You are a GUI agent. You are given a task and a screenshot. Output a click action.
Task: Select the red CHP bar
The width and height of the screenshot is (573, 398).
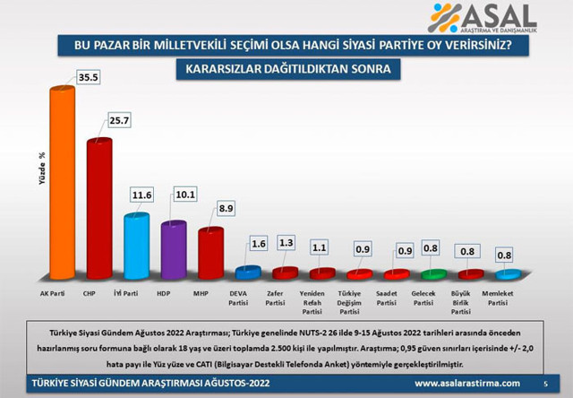tap(98, 211)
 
